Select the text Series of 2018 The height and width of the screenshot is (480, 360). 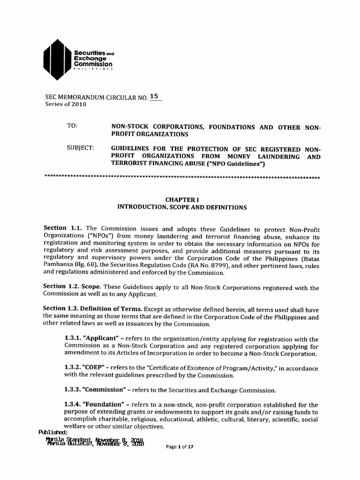click(x=66, y=104)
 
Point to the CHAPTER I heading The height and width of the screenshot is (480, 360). click(x=181, y=199)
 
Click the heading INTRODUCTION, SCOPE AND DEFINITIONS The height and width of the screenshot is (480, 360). click(x=181, y=207)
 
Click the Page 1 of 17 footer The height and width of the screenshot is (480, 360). click(x=180, y=447)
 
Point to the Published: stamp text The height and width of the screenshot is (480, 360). click(x=53, y=432)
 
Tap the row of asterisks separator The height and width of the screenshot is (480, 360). click(x=181, y=178)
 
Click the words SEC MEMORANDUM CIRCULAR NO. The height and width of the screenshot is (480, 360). click(x=95, y=97)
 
